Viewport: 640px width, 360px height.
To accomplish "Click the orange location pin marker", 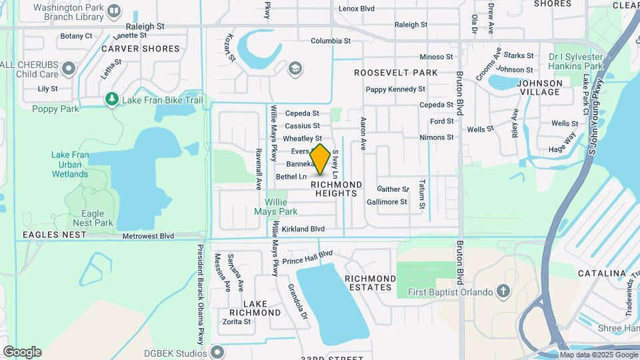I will (x=320, y=159).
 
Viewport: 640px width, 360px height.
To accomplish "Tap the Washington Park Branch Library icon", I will (x=114, y=10).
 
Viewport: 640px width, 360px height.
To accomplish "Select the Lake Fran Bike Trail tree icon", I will (x=111, y=100).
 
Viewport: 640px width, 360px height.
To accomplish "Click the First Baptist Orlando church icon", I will (x=503, y=292).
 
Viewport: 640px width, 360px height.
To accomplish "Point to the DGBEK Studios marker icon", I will (x=217, y=351).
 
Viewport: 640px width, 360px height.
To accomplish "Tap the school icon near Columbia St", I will (x=295, y=68).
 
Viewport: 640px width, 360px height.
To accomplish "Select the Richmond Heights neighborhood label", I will (x=337, y=189).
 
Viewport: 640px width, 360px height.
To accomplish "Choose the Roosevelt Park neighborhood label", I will (x=395, y=72).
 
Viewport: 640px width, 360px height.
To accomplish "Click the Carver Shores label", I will (x=140, y=49).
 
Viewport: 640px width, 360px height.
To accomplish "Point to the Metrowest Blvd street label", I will (x=148, y=236).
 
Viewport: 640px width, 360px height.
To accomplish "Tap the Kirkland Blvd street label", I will (x=303, y=229).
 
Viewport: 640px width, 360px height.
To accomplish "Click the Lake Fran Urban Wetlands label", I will (x=69, y=164).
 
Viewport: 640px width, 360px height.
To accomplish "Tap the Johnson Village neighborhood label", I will (x=539, y=87).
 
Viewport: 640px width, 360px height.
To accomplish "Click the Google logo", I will (x=22, y=351).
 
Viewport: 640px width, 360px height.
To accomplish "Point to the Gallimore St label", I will (x=387, y=202).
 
